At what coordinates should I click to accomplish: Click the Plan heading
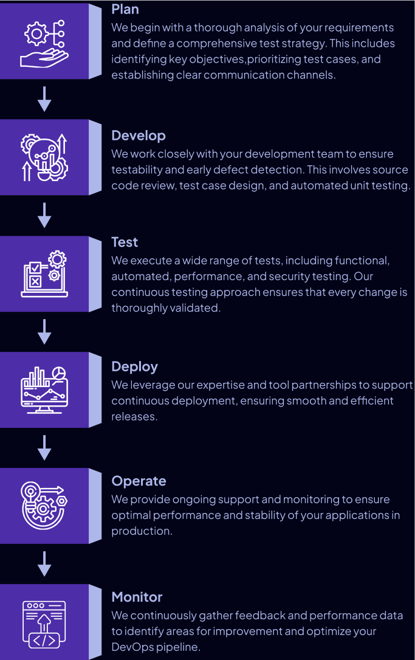click(125, 9)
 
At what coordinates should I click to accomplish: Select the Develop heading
click(139, 136)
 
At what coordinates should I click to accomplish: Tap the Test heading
click(125, 242)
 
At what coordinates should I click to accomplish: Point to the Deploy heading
click(134, 366)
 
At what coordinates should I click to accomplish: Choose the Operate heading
click(139, 481)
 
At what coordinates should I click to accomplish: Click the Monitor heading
click(137, 597)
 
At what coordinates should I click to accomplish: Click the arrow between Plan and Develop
click(44, 99)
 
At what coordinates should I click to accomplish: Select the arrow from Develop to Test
click(44, 215)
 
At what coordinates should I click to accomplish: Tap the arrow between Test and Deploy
click(44, 332)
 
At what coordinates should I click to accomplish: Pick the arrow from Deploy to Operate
click(44, 447)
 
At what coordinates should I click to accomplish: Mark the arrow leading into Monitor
click(44, 563)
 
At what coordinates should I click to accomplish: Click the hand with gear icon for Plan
click(44, 41)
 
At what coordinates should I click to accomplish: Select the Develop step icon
click(44, 157)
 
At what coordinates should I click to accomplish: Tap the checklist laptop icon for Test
click(44, 274)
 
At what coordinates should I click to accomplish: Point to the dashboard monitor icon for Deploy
click(44, 390)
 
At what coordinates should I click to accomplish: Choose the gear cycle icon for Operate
click(44, 506)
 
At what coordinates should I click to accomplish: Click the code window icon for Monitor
click(44, 622)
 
